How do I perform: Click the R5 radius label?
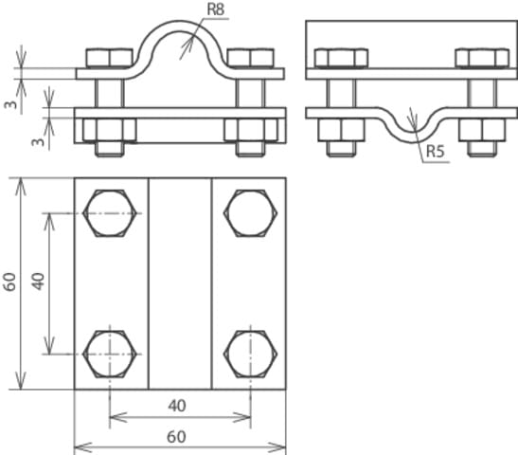click(x=437, y=151)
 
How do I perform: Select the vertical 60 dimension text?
click(x=10, y=282)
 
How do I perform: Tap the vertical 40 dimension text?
click(x=39, y=282)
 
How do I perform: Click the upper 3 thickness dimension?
click(x=10, y=103)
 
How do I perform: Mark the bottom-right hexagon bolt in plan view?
click(x=251, y=353)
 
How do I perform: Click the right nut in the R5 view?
click(x=474, y=129)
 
